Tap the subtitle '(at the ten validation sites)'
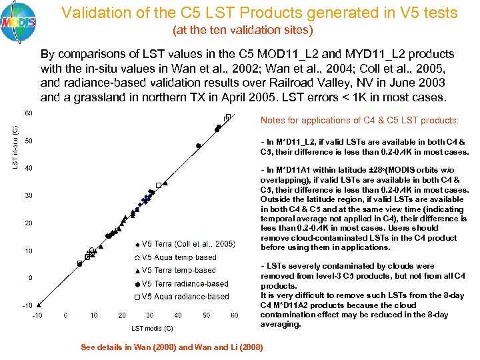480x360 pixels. coord(243,30)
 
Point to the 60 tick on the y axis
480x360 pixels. coord(29,113)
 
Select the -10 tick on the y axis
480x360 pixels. coord(28,305)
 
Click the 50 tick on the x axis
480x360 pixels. coord(207,315)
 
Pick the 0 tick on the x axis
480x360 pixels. coord(65,315)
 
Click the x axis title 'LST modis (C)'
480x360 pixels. coord(152,328)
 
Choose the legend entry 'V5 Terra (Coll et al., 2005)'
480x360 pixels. coord(189,243)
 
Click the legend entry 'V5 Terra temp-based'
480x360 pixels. coord(179,270)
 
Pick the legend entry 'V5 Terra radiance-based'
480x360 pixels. coord(185,283)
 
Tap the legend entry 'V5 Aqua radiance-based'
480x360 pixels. coord(185,297)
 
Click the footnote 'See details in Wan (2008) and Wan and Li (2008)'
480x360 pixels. coord(171,347)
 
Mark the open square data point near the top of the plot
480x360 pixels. coord(227,118)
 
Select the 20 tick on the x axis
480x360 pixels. coord(122,315)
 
